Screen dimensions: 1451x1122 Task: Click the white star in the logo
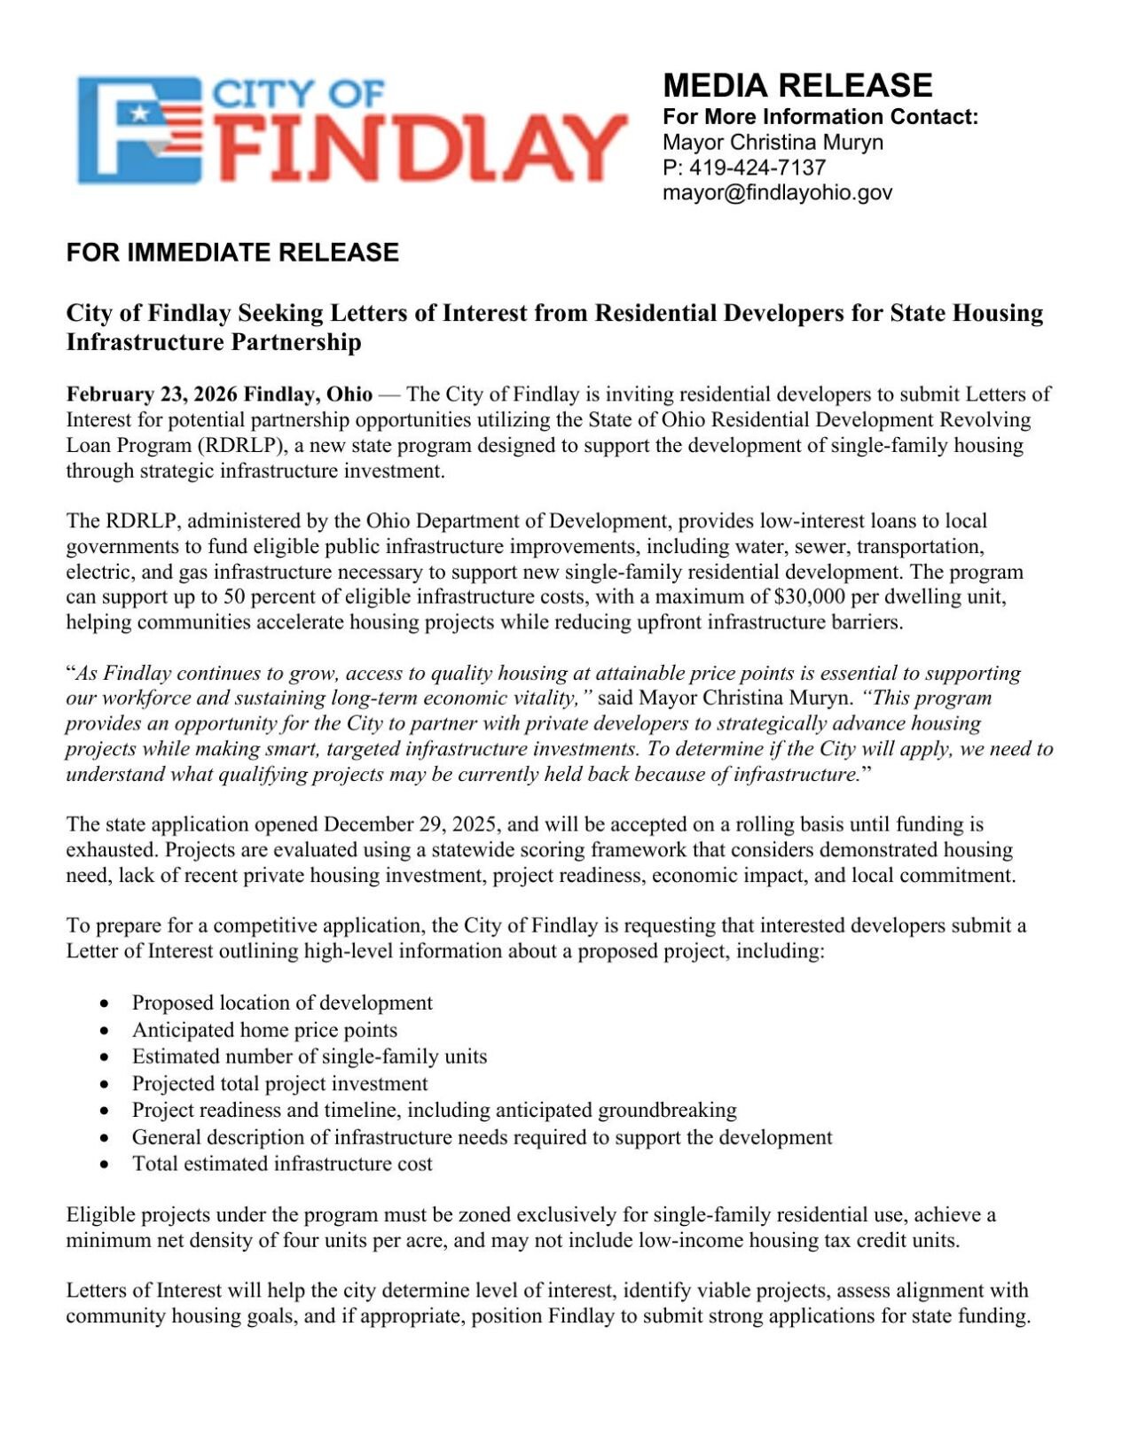tap(138, 113)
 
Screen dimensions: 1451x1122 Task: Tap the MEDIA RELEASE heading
tap(797, 85)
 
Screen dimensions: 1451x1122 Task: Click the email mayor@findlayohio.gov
tap(777, 192)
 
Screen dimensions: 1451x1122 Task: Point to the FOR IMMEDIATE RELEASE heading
tap(232, 253)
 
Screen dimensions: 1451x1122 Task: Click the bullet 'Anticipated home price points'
tap(264, 1030)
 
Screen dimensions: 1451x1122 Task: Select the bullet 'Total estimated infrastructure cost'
tap(282, 1164)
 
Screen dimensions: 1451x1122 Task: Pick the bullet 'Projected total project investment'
tap(279, 1083)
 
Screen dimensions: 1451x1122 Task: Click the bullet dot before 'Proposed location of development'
tap(106, 1003)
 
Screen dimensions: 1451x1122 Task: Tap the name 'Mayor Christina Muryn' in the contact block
tap(773, 143)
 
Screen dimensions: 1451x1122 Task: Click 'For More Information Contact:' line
tap(820, 117)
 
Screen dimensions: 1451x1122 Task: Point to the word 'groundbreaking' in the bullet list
tap(667, 1110)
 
